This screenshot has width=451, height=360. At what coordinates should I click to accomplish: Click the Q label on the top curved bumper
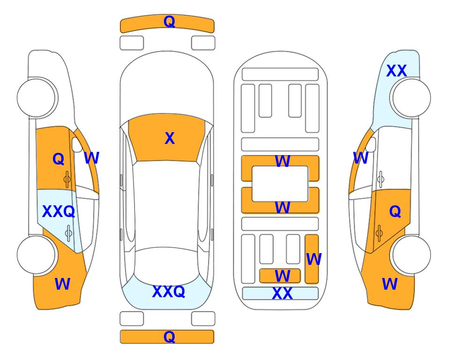pos(169,22)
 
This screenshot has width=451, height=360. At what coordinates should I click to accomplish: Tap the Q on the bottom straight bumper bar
pos(169,337)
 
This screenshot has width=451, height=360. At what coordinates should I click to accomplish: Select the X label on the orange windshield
pos(170,138)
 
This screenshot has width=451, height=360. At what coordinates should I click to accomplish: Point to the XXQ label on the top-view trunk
pos(169,292)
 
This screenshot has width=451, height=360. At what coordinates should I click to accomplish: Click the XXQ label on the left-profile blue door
pos(59,212)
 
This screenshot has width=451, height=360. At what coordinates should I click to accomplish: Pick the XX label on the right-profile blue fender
pos(397,71)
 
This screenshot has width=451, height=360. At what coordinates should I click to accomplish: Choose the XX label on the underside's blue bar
pos(282,293)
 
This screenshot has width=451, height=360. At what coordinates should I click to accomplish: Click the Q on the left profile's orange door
pos(59,159)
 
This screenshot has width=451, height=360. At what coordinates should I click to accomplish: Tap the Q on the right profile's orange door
pos(395,212)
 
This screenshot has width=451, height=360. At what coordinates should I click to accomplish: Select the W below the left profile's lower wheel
pos(62,284)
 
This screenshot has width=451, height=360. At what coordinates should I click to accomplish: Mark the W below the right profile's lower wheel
pos(390,284)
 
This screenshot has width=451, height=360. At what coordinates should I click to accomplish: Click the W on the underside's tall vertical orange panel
pos(314,259)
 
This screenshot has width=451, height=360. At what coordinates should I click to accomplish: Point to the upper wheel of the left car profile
pos(37,98)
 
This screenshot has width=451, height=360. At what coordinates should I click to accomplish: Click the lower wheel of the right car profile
pos(411,255)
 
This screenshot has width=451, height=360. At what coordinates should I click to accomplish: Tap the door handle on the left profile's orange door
pos(67,180)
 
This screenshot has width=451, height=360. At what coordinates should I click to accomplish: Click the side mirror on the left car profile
pos(77,145)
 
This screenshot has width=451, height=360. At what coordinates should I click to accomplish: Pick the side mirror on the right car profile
pos(371,145)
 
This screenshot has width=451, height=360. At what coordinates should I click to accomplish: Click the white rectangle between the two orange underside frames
pos(280,184)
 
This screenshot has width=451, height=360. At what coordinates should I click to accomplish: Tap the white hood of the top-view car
pos(167,86)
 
